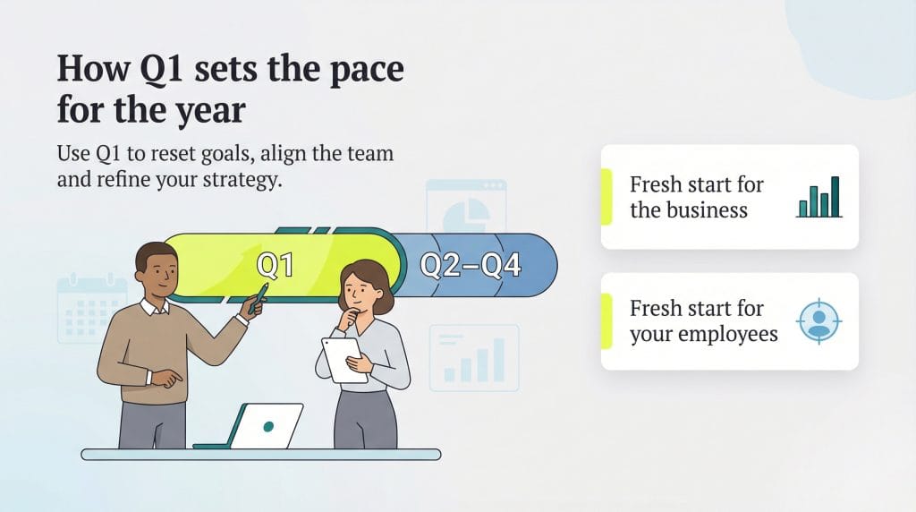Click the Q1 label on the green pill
(276, 266)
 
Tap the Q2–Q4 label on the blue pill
(471, 266)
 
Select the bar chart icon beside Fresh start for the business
(818, 198)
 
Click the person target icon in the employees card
(818, 321)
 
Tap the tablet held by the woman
(344, 359)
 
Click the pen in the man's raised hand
(259, 298)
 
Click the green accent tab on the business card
(606, 197)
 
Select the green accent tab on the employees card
(606, 321)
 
